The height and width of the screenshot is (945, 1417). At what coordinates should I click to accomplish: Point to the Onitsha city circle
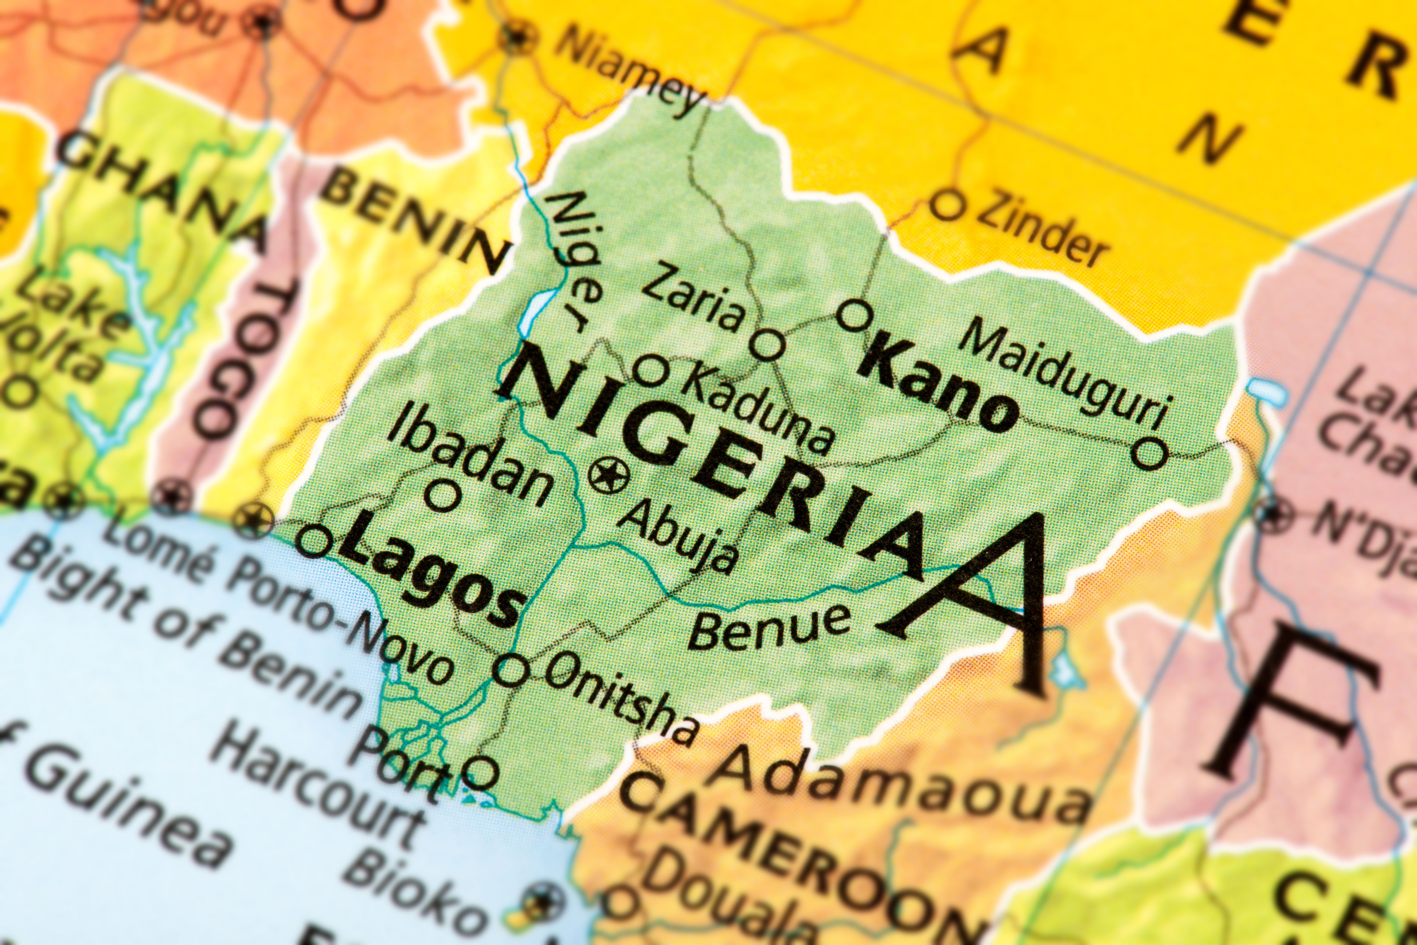pyautogui.click(x=511, y=670)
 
